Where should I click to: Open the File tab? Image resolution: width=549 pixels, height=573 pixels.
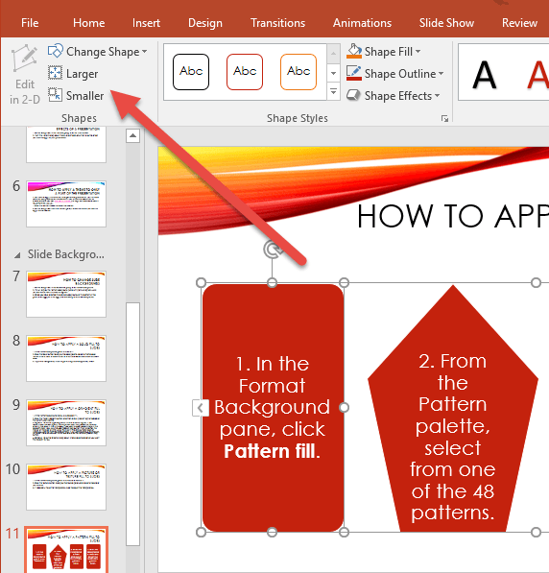30,23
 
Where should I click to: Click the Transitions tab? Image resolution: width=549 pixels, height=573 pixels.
277,23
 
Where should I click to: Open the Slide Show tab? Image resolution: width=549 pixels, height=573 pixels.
446,23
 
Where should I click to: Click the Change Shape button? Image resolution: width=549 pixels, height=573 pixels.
98,52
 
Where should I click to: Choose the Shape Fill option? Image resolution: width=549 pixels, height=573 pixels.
384,52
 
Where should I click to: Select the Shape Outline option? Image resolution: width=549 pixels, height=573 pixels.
394,74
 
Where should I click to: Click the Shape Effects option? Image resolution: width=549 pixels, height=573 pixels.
393,96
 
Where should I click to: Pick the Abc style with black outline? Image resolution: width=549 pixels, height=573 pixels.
191,72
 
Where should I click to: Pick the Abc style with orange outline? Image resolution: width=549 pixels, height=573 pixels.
298,72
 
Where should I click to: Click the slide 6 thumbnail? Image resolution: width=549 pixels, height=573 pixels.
66,203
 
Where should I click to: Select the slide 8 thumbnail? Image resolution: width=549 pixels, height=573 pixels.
66,357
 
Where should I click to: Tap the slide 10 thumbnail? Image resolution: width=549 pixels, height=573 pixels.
66,486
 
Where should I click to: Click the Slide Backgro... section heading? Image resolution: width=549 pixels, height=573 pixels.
65,254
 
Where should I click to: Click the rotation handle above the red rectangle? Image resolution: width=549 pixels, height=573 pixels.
273,251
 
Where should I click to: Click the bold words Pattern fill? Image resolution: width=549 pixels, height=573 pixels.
270,450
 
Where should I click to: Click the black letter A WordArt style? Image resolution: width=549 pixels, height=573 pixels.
486,74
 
